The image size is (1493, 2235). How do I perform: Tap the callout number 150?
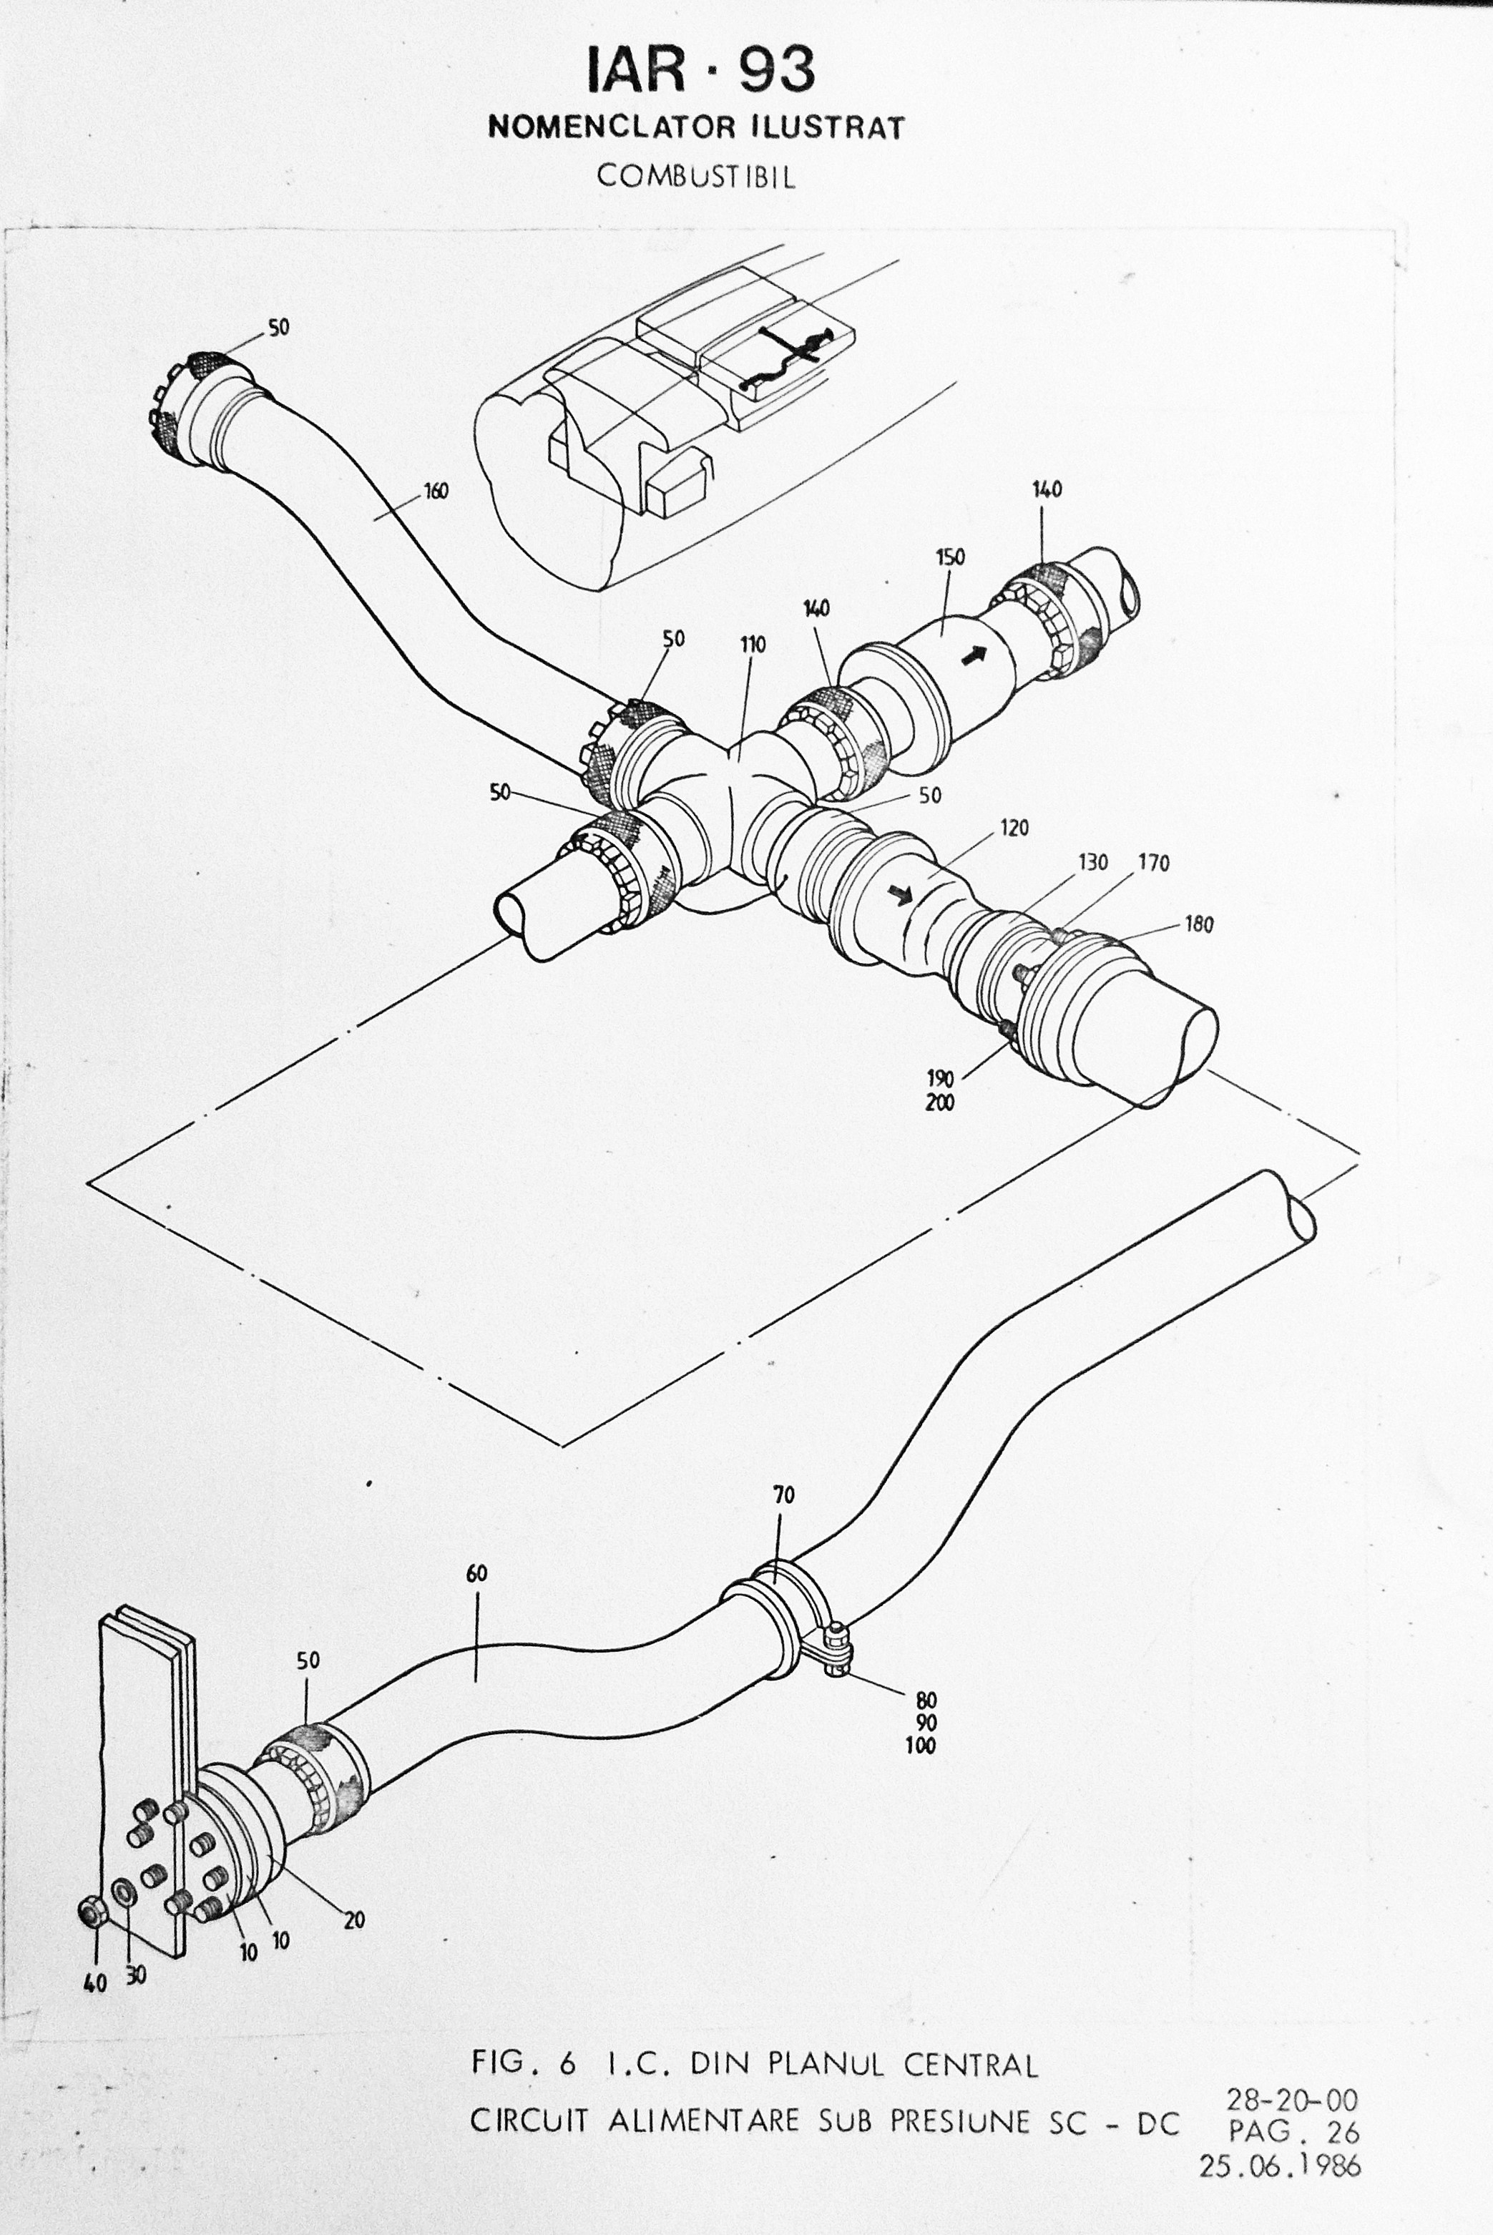949,557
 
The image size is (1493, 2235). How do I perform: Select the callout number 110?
752,645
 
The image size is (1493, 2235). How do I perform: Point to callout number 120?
1014,828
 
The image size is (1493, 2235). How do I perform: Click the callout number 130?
1092,862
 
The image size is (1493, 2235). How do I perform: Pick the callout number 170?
1154,863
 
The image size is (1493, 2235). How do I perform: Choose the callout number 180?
1199,924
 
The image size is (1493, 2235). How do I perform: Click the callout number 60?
476,1574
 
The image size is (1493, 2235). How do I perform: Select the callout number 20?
354,1919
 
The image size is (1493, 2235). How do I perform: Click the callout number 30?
136,1976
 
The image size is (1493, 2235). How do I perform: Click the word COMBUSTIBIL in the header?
696,177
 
